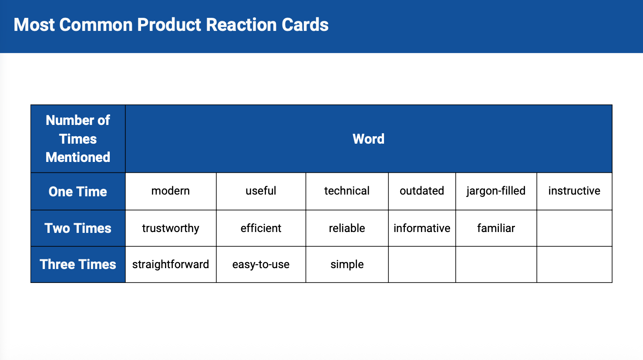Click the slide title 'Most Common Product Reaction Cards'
[171, 25]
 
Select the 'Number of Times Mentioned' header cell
[78, 139]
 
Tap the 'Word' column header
[369, 139]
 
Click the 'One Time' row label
[78, 192]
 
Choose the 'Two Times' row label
[78, 228]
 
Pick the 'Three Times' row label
[78, 264]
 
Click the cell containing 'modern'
[171, 191]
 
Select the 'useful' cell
[261, 191]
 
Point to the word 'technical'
[347, 191]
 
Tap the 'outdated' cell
[422, 191]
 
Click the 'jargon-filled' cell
[496, 191]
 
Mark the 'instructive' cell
[574, 191]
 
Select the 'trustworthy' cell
[171, 228]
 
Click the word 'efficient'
[261, 228]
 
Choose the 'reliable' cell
[347, 228]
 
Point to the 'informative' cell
[422, 228]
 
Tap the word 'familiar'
[496, 228]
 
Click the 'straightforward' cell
[171, 264]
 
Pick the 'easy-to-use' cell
[261, 264]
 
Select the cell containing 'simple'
[347, 264]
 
